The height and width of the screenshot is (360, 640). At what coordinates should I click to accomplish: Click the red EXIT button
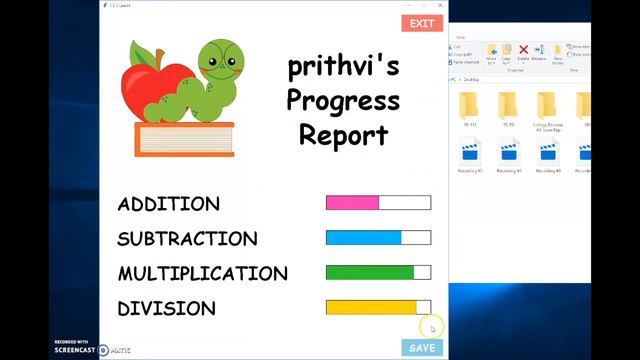422,23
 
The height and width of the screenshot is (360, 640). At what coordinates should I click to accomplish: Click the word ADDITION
168,204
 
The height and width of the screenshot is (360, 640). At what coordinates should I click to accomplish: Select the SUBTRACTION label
187,239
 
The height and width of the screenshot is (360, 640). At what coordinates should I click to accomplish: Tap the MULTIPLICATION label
202,274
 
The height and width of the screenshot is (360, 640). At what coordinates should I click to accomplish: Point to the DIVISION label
166,309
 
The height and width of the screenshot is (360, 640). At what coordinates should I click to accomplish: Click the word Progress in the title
343,101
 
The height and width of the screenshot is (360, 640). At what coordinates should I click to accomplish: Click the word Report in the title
343,135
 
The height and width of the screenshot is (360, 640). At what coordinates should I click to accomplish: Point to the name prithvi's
343,67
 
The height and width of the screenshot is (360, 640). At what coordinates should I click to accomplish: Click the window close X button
440,5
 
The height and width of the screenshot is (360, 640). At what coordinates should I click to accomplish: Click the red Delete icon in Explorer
523,50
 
